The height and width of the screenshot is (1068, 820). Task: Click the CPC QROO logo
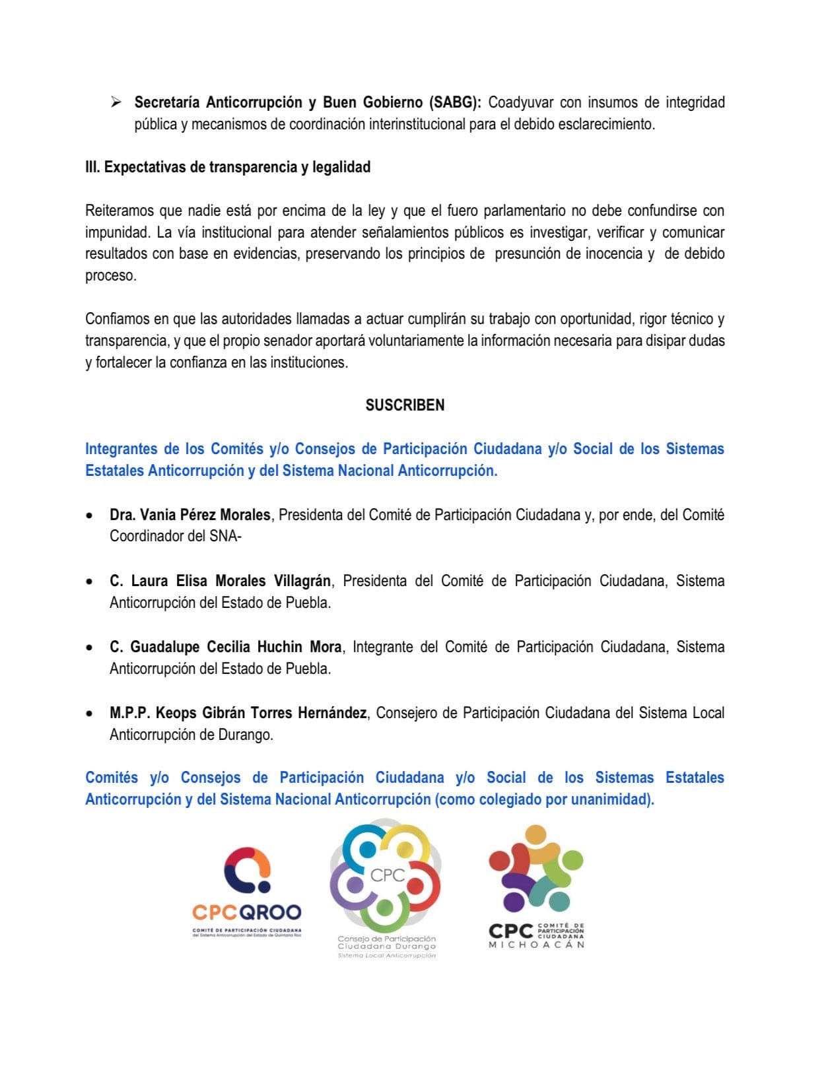[247, 892]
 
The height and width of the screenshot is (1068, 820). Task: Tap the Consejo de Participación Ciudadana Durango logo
[386, 888]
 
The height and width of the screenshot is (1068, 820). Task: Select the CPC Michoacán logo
[536, 886]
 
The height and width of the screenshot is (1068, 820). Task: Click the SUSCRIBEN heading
[405, 405]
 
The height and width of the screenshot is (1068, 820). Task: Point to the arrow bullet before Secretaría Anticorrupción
[116, 102]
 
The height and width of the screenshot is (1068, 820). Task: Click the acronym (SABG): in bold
[456, 102]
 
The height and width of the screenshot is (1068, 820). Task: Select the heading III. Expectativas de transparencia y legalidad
[228, 167]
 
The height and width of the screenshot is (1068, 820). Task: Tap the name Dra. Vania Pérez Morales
[190, 515]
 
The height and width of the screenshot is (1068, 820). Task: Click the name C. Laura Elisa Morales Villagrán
[221, 581]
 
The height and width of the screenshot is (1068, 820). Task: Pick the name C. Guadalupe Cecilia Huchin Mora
[226, 647]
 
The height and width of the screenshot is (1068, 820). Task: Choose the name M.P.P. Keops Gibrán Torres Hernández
[238, 713]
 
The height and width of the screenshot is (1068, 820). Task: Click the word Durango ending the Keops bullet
[246, 735]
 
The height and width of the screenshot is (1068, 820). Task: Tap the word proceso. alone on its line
[111, 276]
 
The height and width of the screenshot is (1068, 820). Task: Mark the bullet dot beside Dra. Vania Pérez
[88, 516]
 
